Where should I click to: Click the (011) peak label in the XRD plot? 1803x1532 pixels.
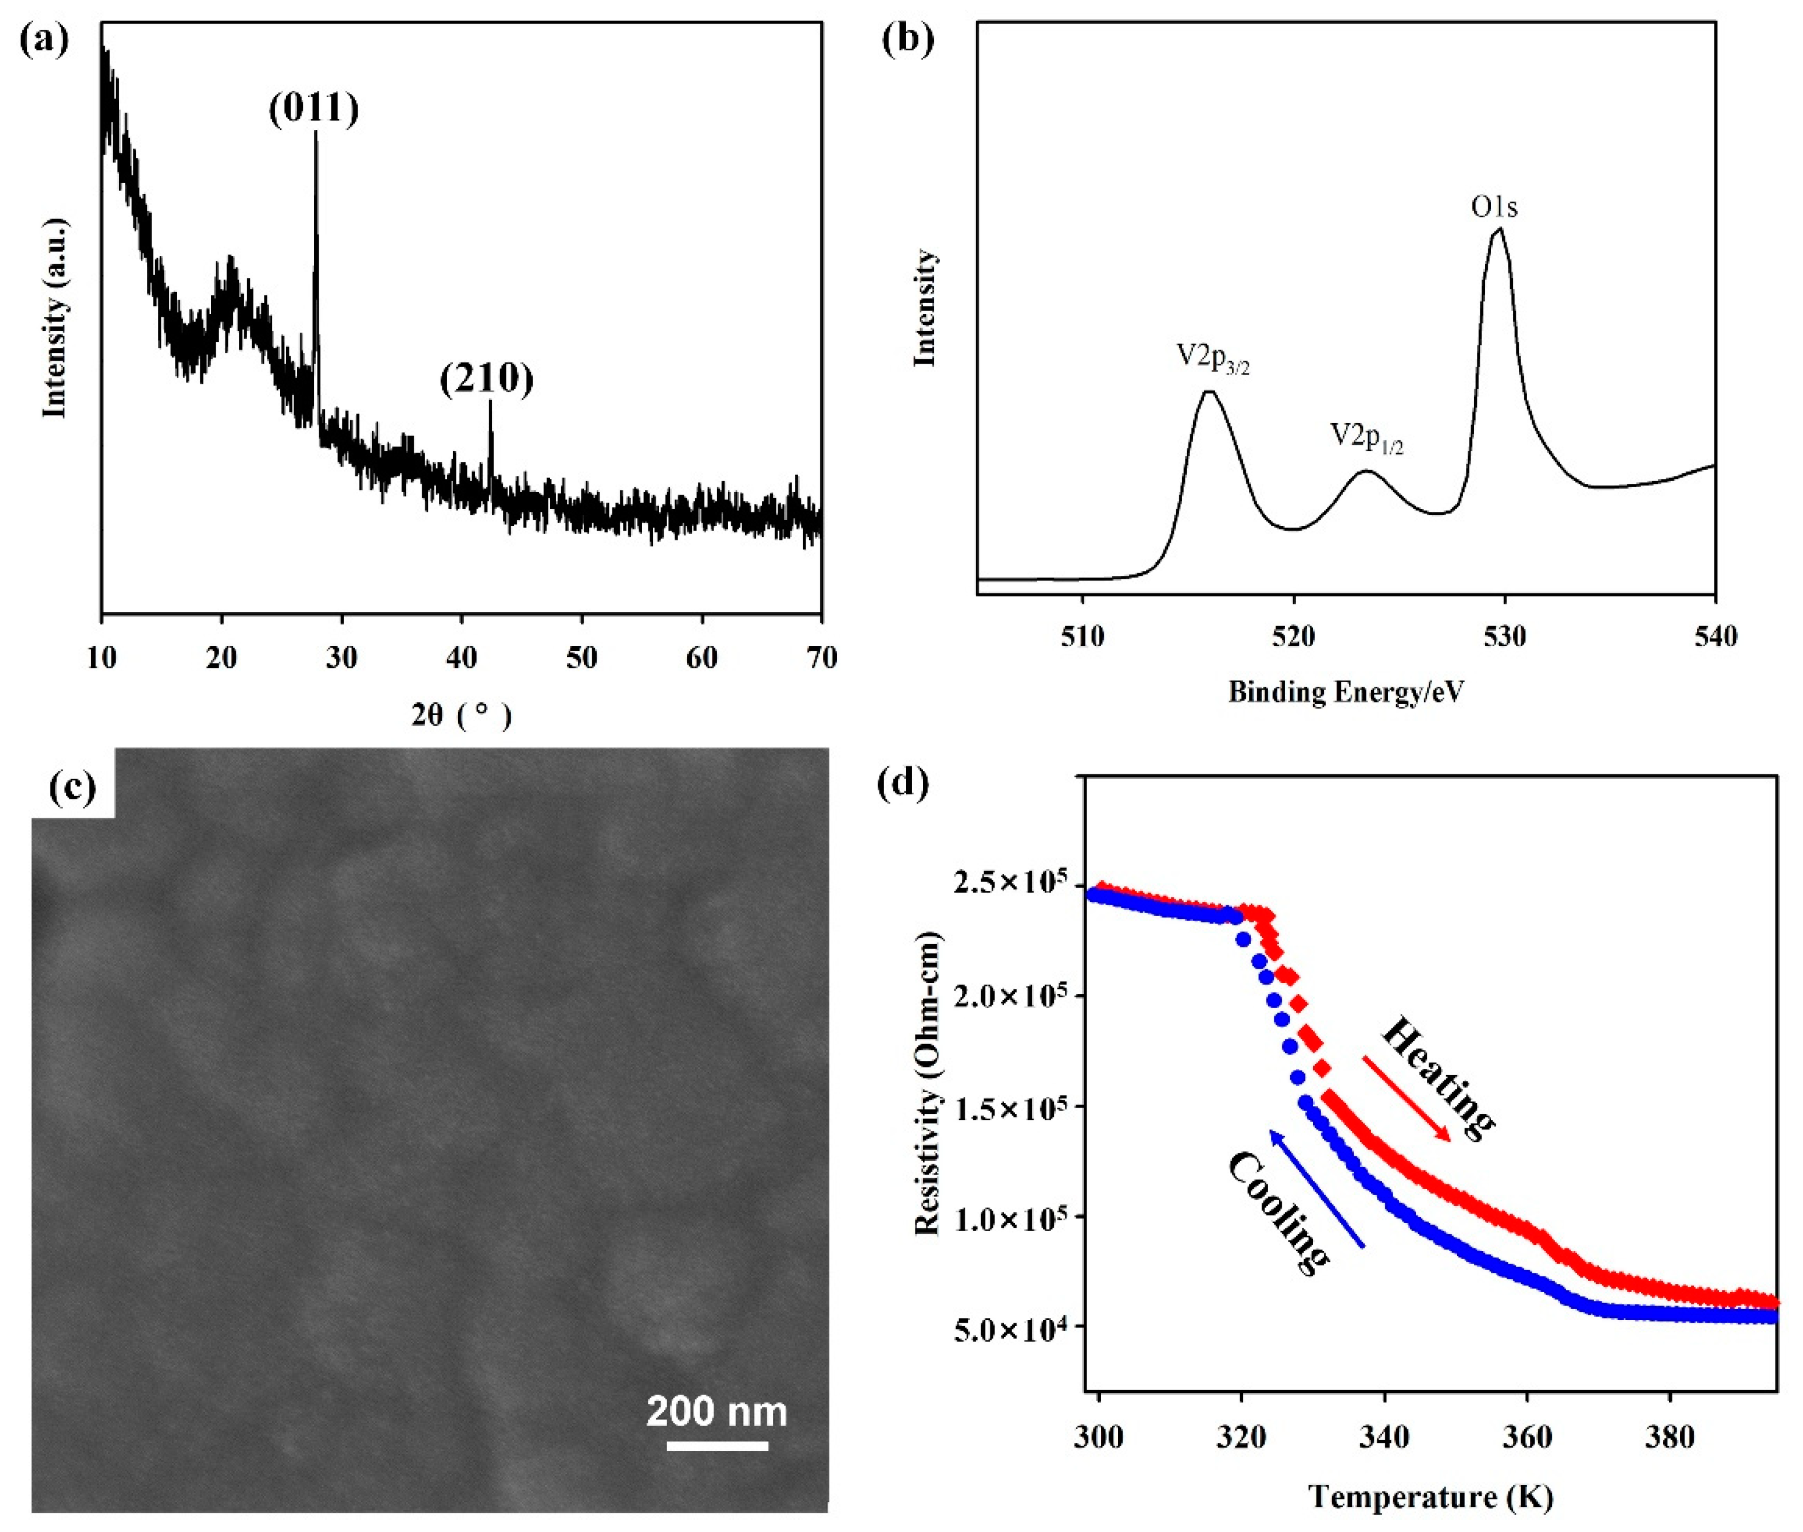pos(314,109)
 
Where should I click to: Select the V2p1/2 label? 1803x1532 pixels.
pos(1366,437)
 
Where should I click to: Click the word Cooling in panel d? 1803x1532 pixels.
pos(1277,1212)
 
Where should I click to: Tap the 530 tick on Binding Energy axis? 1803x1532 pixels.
pos(1504,636)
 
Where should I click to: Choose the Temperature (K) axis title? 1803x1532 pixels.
pos(1430,1497)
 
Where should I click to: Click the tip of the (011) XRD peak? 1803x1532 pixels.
pos(315,133)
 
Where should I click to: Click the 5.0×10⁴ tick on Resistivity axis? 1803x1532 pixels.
pos(1012,1331)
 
